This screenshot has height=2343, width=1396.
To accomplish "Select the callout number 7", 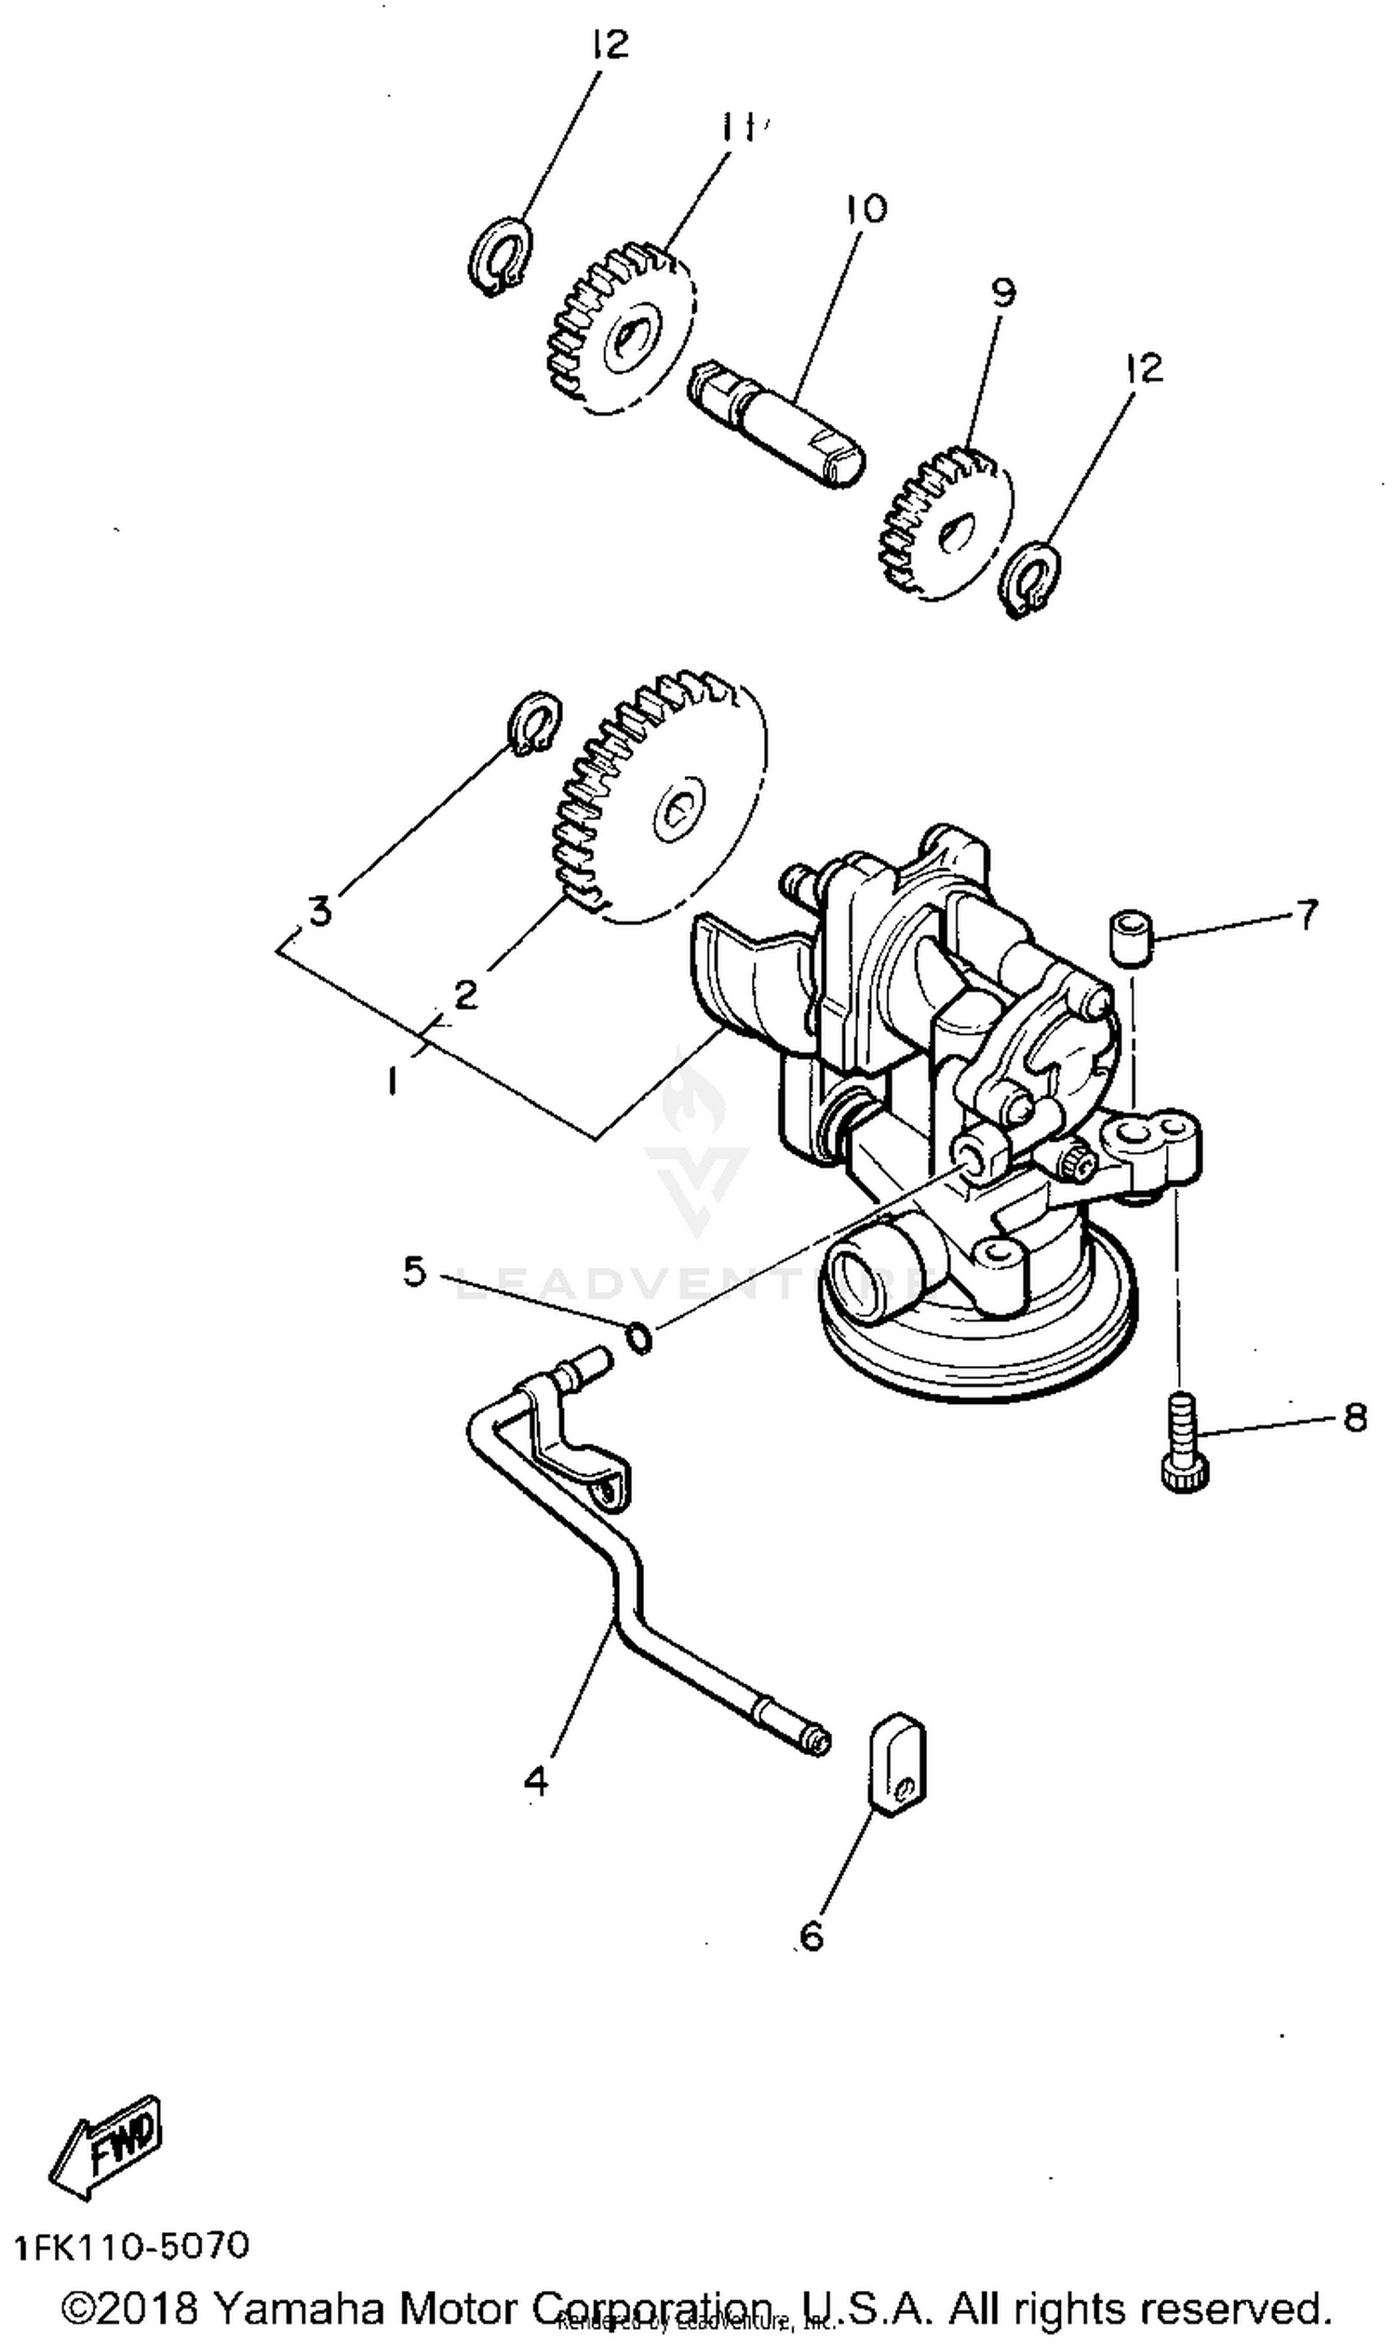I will (x=1307, y=914).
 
